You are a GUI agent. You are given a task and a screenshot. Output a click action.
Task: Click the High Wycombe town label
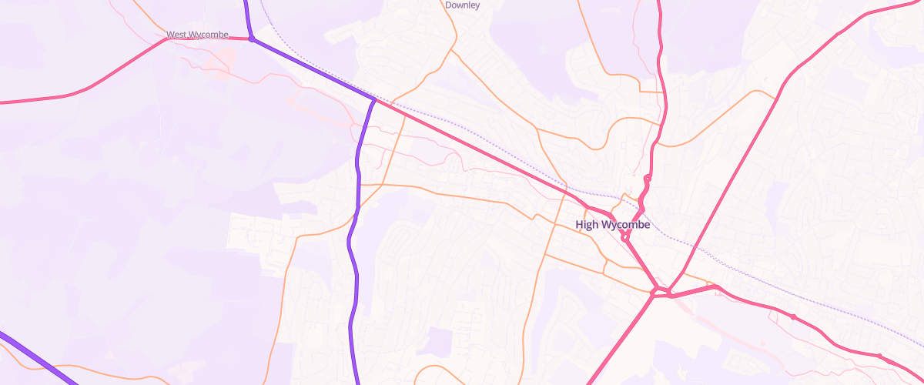pos(613,225)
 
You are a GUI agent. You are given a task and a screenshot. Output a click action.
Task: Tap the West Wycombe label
pos(197,35)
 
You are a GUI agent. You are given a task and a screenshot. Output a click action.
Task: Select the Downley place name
pos(463,5)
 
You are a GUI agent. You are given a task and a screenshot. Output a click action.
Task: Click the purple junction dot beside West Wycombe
pos(251,38)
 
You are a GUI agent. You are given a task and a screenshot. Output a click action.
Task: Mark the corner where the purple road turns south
pos(374,100)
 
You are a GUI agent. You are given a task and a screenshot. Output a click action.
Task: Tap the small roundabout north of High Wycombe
pos(648,179)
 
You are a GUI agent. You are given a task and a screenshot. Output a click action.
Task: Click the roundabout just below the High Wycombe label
pos(624,239)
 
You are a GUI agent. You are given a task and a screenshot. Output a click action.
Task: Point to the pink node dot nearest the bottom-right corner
pos(879,356)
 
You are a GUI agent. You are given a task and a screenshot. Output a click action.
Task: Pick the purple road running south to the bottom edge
pos(354,308)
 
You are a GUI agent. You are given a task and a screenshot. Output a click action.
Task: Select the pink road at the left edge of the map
pos(31,100)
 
